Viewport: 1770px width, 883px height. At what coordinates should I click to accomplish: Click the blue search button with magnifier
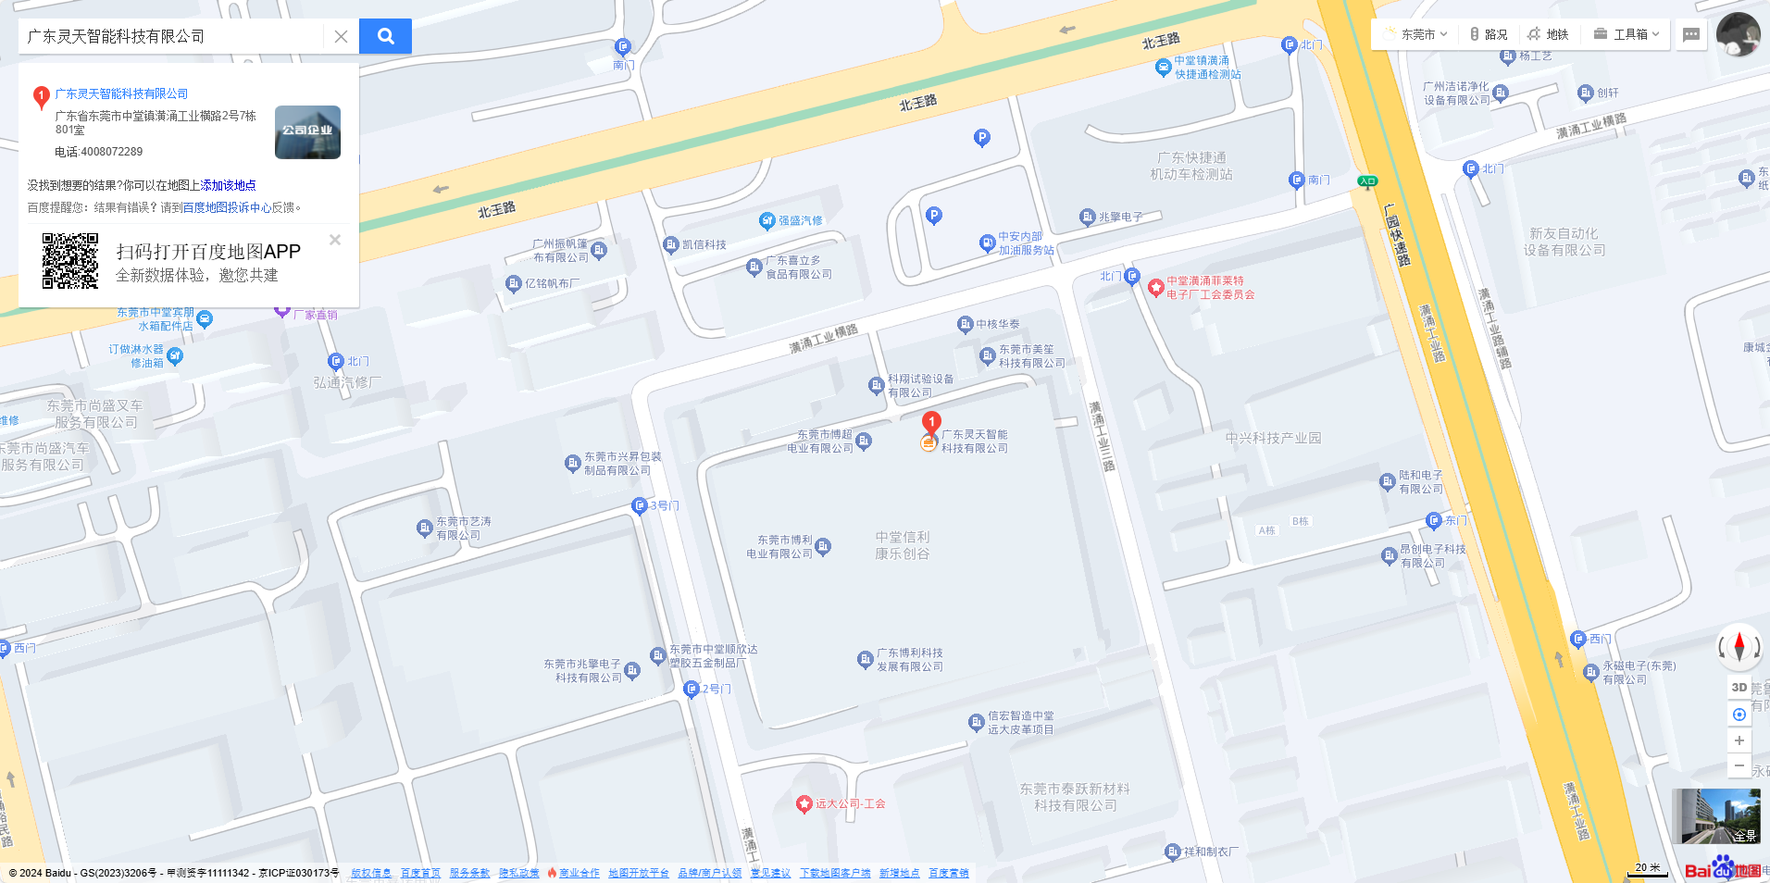click(x=385, y=36)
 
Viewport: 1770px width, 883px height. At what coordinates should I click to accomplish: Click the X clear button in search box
click(x=341, y=36)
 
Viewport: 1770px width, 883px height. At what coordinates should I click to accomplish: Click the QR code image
click(x=70, y=261)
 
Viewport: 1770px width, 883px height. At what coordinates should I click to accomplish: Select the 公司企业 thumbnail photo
click(x=307, y=132)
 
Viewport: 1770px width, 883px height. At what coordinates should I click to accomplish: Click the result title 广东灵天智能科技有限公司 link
click(x=121, y=93)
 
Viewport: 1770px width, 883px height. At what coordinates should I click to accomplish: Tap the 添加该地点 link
click(x=229, y=185)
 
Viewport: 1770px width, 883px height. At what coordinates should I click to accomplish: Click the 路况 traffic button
click(x=1489, y=34)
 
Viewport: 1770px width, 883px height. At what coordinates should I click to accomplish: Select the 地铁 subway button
click(x=1548, y=34)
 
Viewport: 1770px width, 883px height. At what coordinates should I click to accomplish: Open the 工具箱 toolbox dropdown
click(x=1627, y=34)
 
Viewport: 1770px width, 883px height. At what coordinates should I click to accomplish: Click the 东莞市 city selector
click(x=1416, y=34)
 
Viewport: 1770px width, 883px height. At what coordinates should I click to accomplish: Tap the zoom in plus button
click(x=1739, y=740)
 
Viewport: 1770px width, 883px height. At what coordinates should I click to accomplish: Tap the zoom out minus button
click(x=1739, y=765)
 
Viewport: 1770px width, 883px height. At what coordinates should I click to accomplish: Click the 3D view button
click(x=1739, y=688)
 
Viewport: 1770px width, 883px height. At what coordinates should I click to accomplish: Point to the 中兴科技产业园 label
click(x=1273, y=438)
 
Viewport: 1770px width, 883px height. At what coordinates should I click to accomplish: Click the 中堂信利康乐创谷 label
click(x=903, y=545)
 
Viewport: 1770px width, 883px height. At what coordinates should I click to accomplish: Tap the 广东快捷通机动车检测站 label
click(x=1191, y=166)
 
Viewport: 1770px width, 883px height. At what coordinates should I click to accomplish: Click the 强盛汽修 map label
click(x=799, y=220)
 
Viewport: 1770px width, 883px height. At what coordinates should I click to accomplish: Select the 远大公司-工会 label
click(x=849, y=803)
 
